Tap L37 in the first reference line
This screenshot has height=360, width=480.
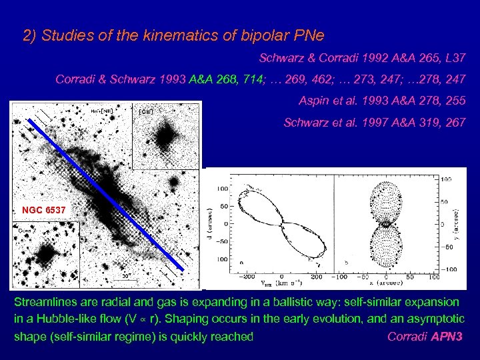[455, 59]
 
